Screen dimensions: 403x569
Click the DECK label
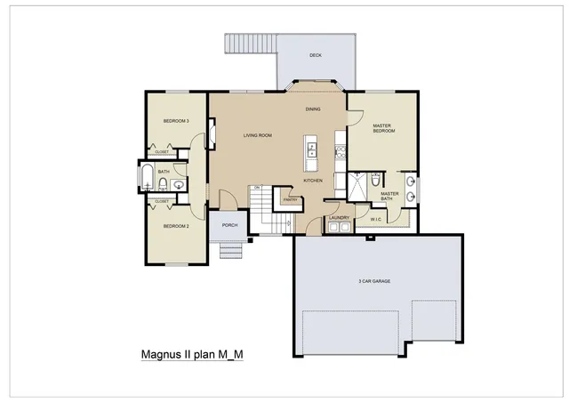316,55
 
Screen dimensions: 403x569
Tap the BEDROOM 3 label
175,121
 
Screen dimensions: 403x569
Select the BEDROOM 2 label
175,226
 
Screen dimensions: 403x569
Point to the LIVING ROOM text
258,135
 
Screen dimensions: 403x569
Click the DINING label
313,109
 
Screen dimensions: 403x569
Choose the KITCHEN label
313,181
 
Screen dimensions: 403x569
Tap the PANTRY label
289,200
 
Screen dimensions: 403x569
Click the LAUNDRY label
338,217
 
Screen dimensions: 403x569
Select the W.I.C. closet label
376,219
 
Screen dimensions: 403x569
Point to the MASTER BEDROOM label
383,129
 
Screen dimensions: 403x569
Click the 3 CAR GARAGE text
374,281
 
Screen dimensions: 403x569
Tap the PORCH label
228,226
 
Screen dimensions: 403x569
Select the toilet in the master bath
373,179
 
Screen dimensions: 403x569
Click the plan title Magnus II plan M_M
192,354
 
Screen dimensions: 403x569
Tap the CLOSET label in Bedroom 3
162,152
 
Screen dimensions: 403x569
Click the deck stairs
241,44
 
